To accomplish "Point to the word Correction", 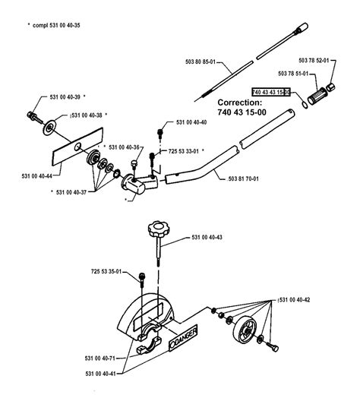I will click(x=242, y=101).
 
